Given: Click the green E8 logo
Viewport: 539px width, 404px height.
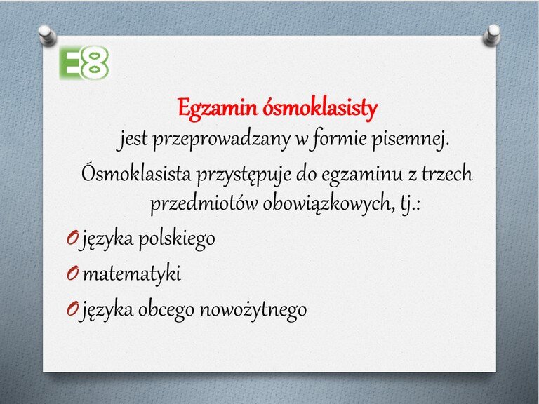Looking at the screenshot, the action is coord(84,63).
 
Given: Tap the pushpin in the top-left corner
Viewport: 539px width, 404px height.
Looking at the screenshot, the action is coord(47,35).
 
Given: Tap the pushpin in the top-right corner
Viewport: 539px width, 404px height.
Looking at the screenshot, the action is coord(492,35).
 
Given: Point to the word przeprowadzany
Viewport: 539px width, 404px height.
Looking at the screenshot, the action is coord(221,140).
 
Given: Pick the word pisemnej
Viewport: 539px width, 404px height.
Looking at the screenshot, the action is coord(411,140).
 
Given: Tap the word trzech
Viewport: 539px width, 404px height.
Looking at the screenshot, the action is coord(447,173).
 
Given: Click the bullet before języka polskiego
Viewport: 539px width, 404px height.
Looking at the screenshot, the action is coord(72,237).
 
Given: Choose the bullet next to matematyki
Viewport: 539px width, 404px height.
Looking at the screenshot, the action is coord(72,274).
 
